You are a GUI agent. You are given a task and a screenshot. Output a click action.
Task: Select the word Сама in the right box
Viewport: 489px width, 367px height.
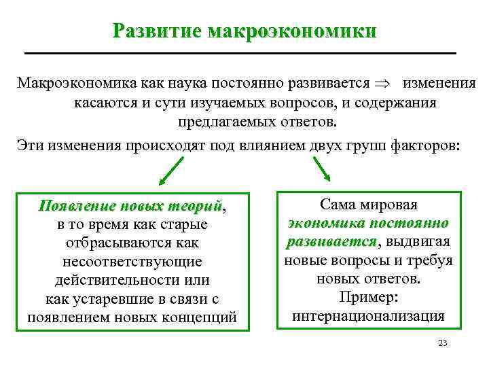pyautogui.click(x=340, y=204)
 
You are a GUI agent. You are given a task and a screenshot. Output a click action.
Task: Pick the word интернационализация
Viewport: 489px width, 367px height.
pyautogui.click(x=368, y=316)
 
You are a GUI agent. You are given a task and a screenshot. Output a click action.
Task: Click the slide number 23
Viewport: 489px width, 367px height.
pyautogui.click(x=442, y=343)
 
